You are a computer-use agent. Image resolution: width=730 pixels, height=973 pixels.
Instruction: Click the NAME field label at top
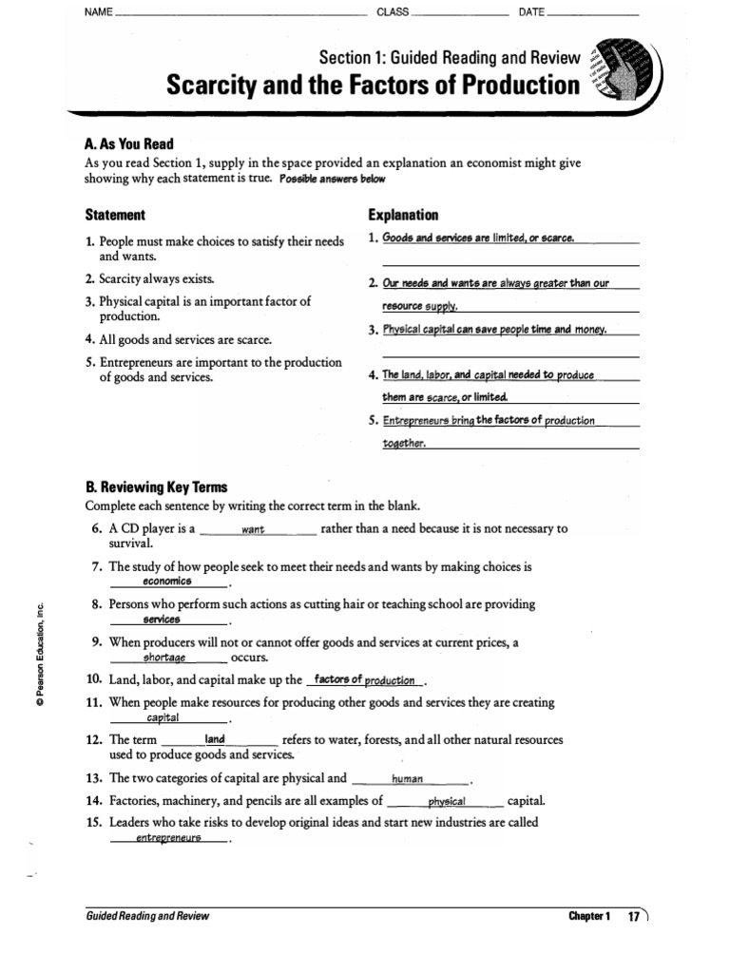99,12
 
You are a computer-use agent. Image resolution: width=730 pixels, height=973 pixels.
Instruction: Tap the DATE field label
531,12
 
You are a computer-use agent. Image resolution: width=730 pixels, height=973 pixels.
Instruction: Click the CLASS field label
393,12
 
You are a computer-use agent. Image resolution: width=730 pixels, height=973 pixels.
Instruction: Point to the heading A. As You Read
129,144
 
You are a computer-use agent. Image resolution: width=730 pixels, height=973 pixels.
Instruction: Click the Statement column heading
115,215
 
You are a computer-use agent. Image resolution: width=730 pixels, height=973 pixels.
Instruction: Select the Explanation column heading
403,215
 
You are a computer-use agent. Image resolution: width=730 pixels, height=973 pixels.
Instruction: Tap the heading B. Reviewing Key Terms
156,487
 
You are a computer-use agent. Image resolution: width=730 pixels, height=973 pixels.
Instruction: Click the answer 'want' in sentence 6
253,530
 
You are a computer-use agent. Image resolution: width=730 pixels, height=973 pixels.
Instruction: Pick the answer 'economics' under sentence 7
167,581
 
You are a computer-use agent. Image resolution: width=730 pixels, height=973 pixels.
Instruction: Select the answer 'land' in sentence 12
215,739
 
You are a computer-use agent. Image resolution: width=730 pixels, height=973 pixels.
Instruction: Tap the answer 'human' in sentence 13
407,778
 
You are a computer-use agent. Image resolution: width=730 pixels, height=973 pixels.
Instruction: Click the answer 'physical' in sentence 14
447,801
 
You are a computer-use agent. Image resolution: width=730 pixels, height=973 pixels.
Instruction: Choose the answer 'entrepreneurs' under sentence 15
168,838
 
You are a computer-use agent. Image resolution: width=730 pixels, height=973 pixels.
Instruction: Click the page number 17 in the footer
633,917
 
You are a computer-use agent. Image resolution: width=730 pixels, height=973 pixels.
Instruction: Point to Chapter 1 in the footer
587,917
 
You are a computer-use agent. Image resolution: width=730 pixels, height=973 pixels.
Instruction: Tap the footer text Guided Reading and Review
146,917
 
